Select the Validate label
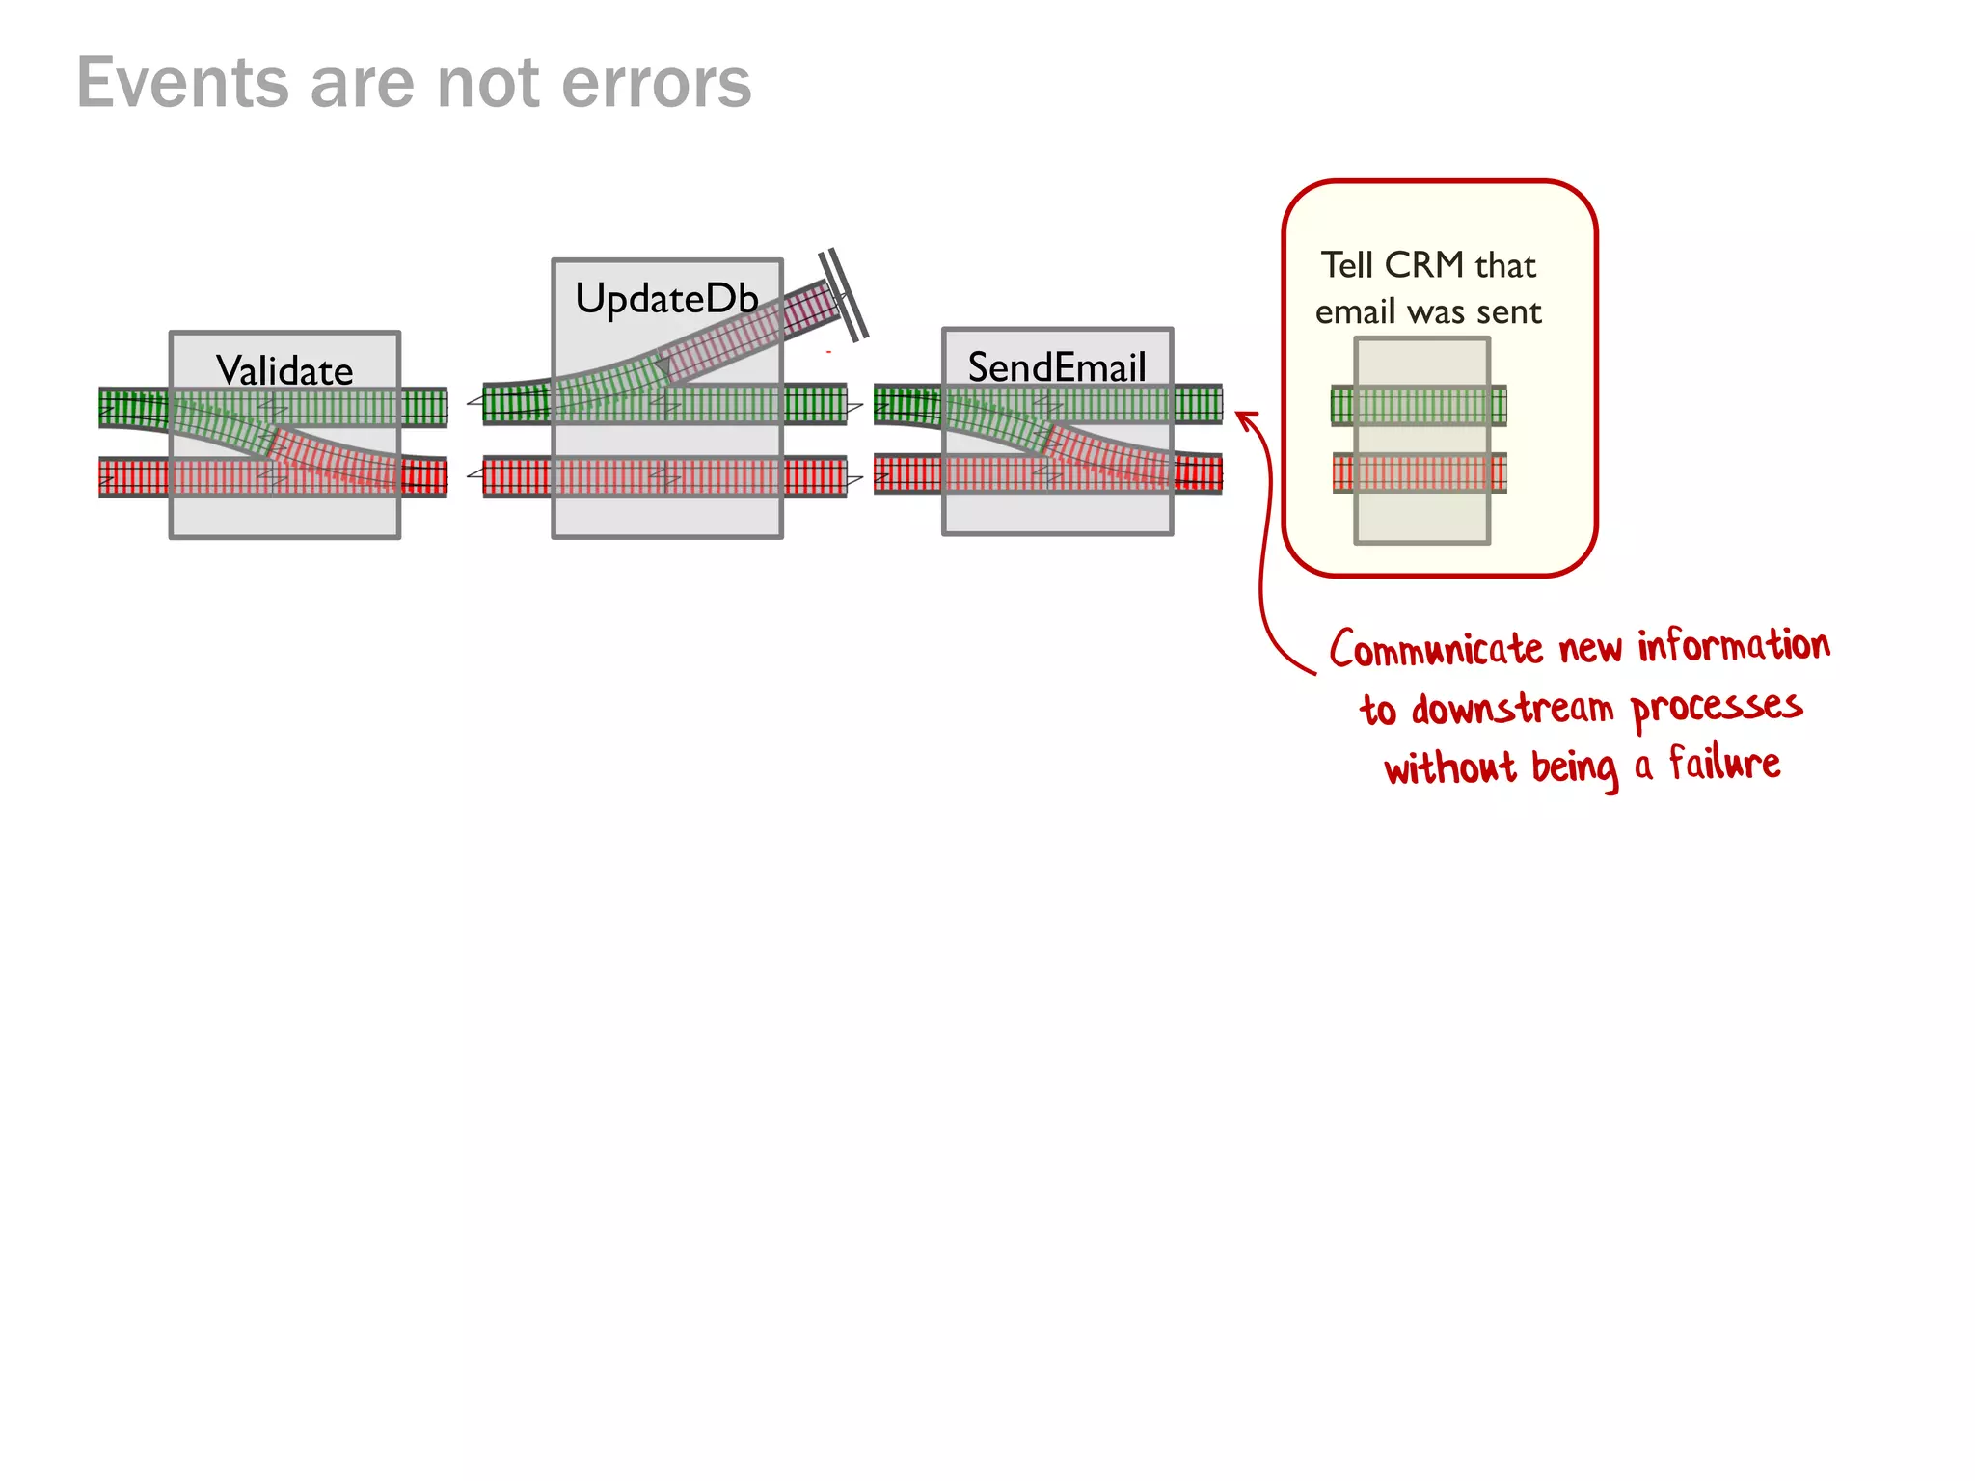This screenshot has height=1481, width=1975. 284,371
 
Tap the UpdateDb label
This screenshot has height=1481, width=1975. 666,299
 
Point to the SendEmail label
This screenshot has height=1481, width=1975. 1057,367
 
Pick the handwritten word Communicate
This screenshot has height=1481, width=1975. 1436,649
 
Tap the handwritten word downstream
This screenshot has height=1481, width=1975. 1511,709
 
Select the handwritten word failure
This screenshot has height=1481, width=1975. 1724,765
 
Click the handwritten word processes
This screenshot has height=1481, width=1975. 1717,707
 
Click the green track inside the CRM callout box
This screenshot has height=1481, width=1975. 1419,405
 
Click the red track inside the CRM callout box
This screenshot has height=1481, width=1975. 1419,473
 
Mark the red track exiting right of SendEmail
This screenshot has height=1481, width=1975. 1198,473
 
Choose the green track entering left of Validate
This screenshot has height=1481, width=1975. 133,408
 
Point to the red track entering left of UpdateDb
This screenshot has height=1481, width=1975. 517,477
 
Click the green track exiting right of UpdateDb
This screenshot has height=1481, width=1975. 815,404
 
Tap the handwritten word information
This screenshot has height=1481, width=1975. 1733,645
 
